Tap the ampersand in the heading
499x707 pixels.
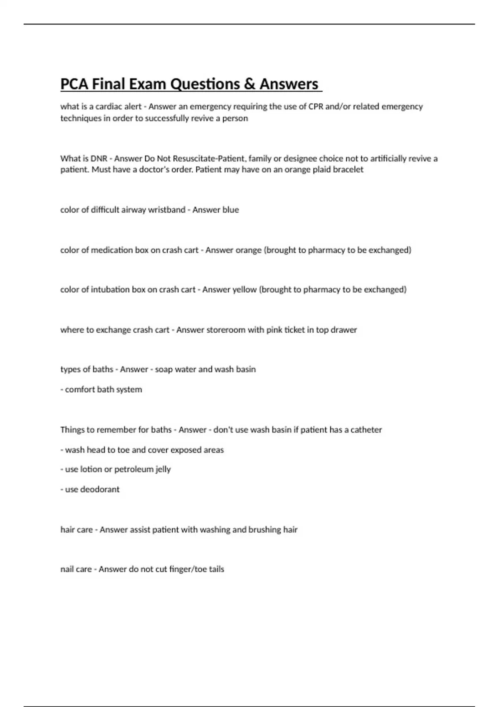pos(249,84)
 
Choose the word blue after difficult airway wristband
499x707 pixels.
pos(230,210)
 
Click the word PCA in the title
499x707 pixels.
pos(74,84)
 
